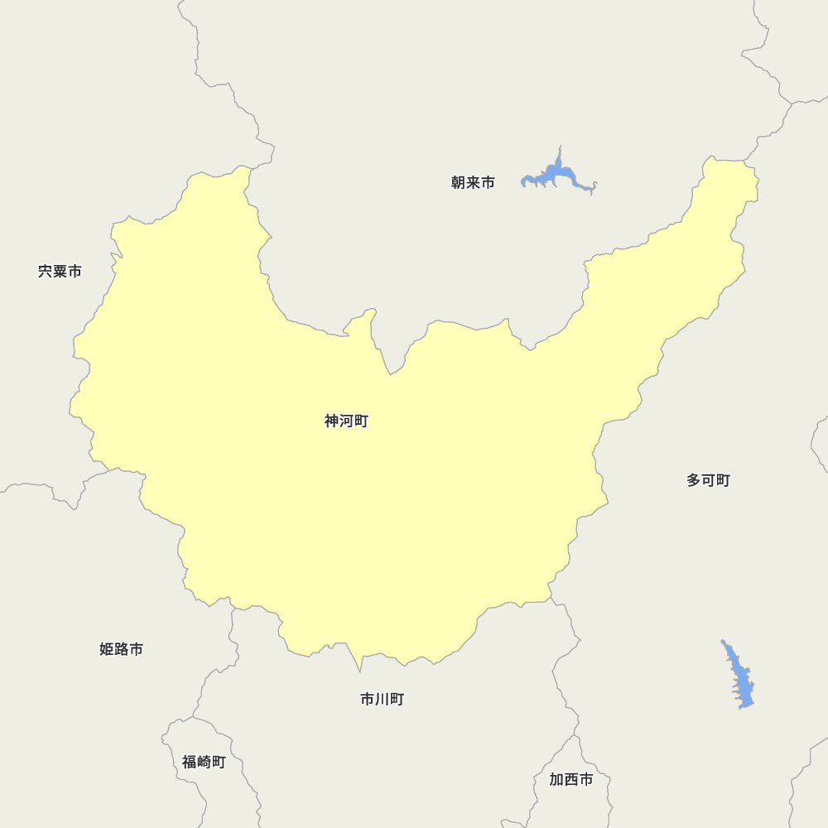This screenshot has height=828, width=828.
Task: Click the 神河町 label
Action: click(x=346, y=421)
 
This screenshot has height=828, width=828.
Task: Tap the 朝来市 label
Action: click(x=473, y=183)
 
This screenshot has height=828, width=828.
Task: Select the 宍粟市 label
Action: click(x=60, y=272)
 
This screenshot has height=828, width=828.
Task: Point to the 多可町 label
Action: click(x=708, y=480)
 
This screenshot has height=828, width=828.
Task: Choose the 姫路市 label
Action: click(x=121, y=649)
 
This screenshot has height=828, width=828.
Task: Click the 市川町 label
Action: click(x=382, y=700)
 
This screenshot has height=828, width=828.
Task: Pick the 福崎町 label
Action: click(x=204, y=762)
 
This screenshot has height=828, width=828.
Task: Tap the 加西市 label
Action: click(x=570, y=779)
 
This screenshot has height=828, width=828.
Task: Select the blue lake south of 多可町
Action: click(x=742, y=683)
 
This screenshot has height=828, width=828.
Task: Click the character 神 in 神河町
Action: click(x=332, y=421)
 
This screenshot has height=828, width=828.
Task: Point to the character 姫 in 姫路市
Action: click(x=107, y=649)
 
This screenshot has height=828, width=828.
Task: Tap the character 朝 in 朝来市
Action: click(x=459, y=183)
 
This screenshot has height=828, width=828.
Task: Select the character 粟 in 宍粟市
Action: click(x=60, y=272)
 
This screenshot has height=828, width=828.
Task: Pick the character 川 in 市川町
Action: click(x=382, y=700)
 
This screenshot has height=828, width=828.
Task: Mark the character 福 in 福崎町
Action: click(x=190, y=762)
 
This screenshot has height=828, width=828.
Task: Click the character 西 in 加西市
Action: click(x=570, y=779)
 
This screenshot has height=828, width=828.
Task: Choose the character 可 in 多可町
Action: click(x=708, y=480)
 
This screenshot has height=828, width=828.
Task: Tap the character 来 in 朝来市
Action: click(x=473, y=183)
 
